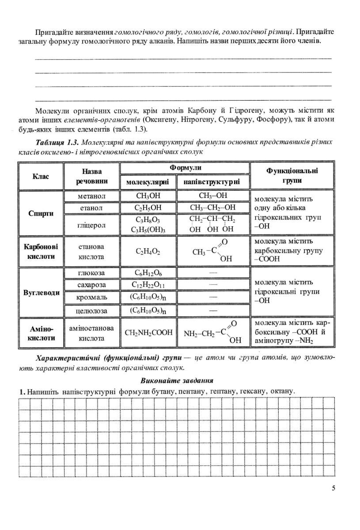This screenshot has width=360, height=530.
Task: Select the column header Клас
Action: [41, 176]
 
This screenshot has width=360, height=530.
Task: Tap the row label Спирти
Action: [41, 213]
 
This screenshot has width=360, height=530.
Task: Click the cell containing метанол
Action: [92, 196]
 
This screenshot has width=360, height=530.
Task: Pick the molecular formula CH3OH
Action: [148, 196]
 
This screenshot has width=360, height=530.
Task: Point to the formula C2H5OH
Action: [148, 208]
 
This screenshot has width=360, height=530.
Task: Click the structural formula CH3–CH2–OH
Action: [213, 208]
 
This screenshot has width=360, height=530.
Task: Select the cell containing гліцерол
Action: [92, 225]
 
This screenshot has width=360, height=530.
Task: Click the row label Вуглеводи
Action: [41, 292]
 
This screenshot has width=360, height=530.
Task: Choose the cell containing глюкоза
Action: [92, 273]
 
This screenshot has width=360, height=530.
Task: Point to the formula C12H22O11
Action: [148, 285]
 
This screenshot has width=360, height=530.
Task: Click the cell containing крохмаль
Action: [92, 298]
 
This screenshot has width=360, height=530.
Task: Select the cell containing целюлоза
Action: [92, 310]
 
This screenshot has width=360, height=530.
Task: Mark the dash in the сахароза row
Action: [213, 285]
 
